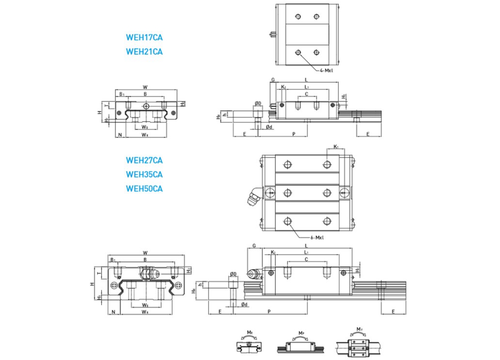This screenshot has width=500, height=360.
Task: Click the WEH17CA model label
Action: [144, 38]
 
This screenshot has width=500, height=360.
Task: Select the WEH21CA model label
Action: [144, 52]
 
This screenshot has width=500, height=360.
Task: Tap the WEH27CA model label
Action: [144, 161]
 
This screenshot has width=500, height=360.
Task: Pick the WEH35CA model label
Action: [144, 174]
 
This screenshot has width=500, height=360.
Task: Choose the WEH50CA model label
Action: [144, 188]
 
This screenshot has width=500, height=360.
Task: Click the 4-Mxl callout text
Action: [326, 71]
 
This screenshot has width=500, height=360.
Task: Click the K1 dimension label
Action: [336, 147]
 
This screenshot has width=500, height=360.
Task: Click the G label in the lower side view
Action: [254, 246]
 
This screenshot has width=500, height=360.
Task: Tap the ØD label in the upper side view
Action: [258, 103]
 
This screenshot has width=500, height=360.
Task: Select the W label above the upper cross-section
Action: [145, 86]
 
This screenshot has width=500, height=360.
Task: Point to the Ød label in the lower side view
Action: [244, 304]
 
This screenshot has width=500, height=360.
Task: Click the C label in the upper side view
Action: [306, 94]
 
